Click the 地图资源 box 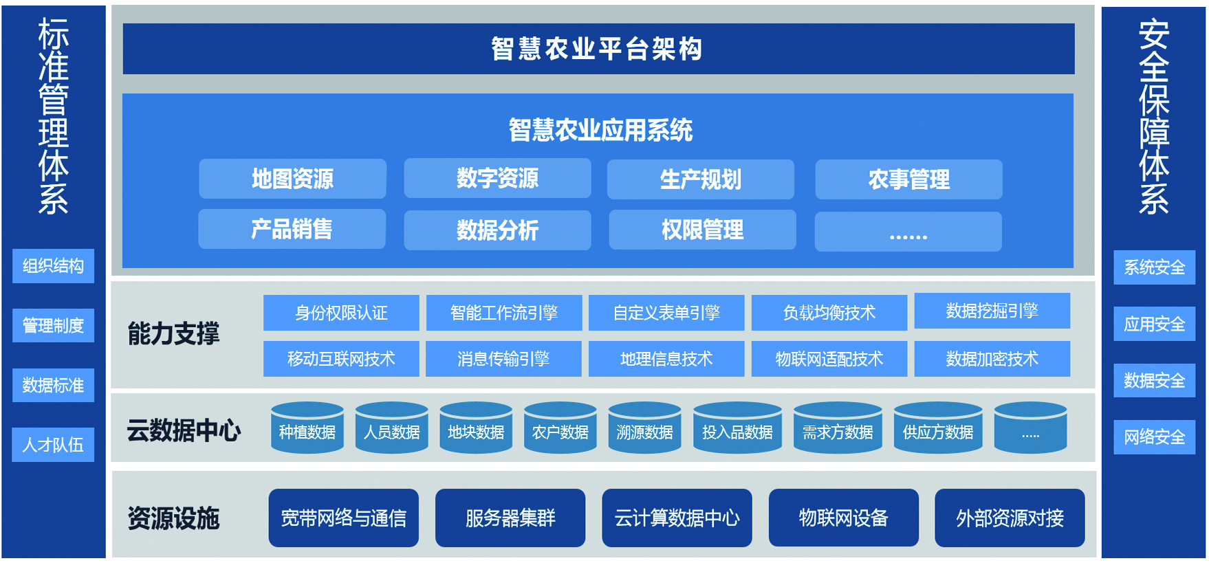click(x=292, y=179)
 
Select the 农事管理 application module click(x=908, y=179)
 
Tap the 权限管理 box click(x=702, y=230)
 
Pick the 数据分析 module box click(x=497, y=230)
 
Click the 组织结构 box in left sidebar click(x=53, y=266)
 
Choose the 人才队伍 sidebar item click(x=53, y=445)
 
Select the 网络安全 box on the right click(x=1155, y=437)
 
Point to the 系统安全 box click(x=1155, y=267)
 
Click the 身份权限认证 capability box click(x=341, y=313)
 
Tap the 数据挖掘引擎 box click(x=992, y=311)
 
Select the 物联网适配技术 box click(x=829, y=359)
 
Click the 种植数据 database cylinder click(x=307, y=428)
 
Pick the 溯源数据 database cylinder click(x=644, y=428)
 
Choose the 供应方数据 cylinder click(x=938, y=428)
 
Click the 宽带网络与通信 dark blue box click(x=343, y=518)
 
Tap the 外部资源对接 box click(x=1010, y=518)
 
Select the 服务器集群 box click(x=510, y=518)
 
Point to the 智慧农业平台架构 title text click(x=597, y=49)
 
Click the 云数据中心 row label click(x=184, y=430)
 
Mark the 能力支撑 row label click(x=173, y=333)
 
